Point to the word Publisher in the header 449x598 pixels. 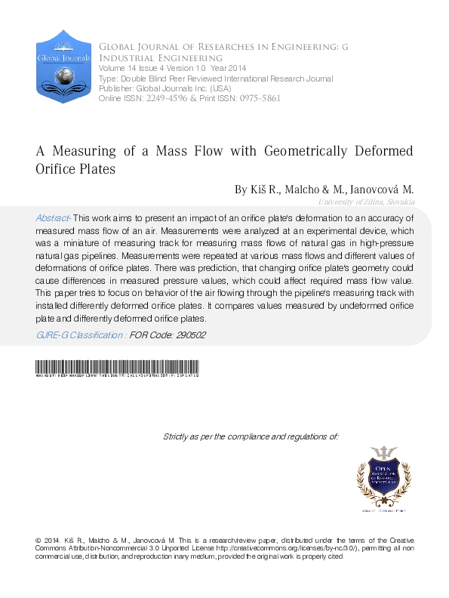(x=117, y=88)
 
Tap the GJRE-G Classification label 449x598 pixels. (x=81, y=334)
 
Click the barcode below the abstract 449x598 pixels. (x=117, y=370)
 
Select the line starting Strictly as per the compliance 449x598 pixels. (x=251, y=436)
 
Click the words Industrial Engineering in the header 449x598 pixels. (x=160, y=58)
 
